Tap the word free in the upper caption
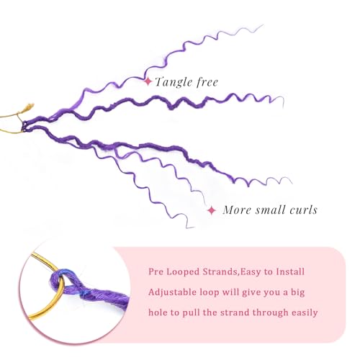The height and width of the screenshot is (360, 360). [207, 82]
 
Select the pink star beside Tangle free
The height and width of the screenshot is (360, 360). [148, 81]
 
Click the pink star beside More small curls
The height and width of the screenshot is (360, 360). [212, 210]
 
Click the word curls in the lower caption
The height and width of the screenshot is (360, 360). [303, 210]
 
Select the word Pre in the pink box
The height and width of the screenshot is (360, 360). [156, 271]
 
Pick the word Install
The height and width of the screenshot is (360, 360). [290, 271]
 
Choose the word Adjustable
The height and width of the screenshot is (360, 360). [172, 292]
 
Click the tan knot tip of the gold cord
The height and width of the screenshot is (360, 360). [30, 107]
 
